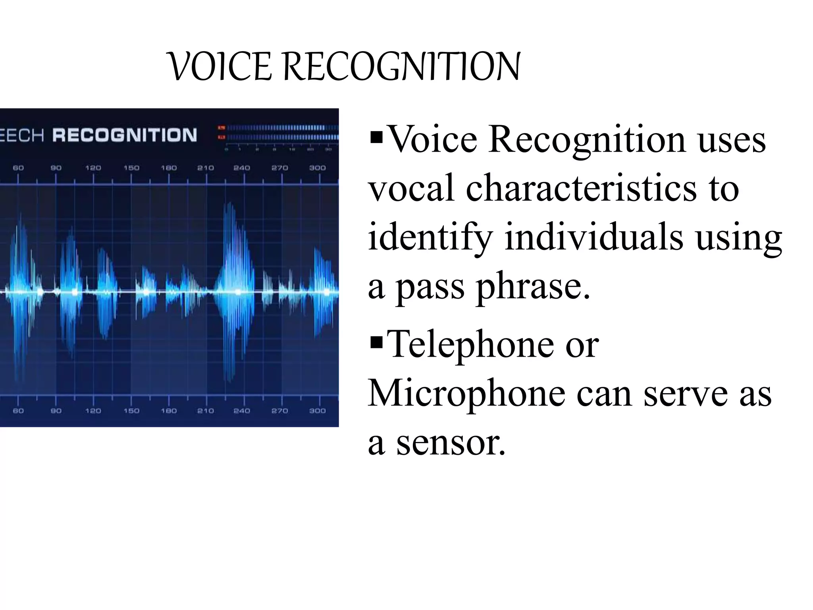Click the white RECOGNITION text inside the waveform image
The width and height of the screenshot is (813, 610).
[x=125, y=135]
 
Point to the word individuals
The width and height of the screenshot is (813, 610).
[x=594, y=237]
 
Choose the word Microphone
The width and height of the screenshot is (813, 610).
[x=466, y=394]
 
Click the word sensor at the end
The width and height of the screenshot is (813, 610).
[x=451, y=442]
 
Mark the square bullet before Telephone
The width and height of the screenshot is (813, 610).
[x=376, y=342]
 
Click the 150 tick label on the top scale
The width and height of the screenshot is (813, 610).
[x=131, y=168]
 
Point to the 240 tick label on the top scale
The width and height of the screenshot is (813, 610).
[x=242, y=168]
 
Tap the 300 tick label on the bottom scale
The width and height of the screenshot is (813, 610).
[x=318, y=411]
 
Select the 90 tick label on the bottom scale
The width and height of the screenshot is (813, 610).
[x=56, y=411]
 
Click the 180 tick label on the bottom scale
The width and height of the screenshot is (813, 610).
[x=169, y=411]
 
